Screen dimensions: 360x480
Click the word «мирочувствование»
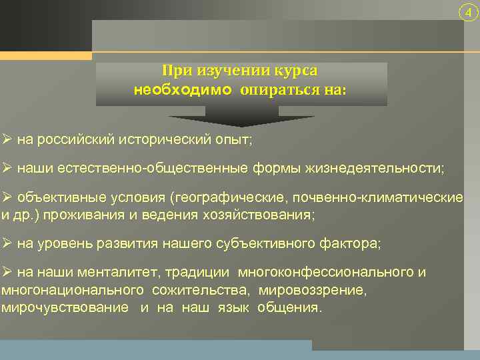click(65, 307)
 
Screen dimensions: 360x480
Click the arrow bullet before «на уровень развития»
click(7, 243)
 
